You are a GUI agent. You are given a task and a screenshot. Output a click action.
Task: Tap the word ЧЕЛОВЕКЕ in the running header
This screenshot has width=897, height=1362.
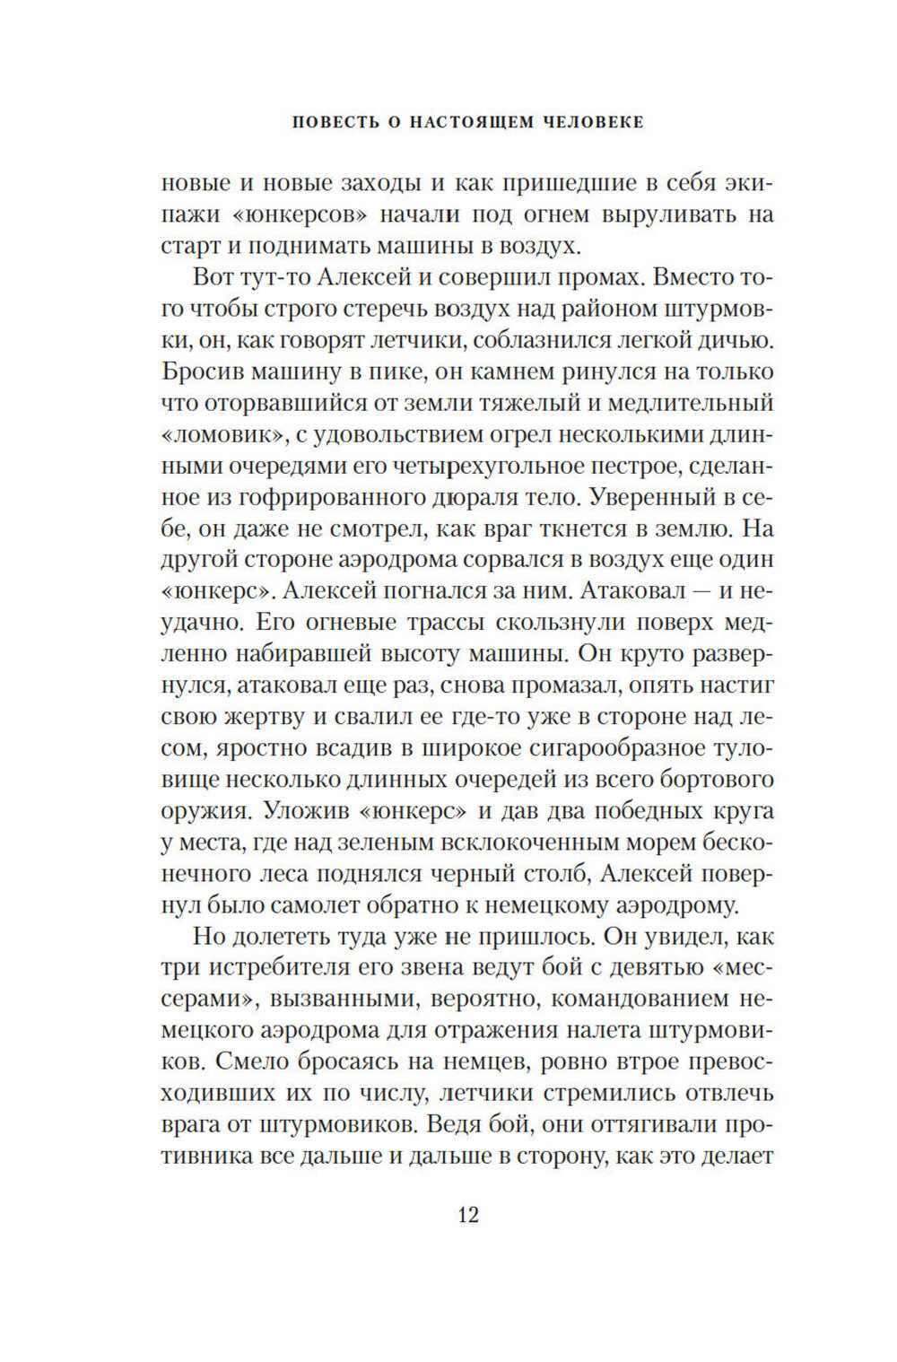[593, 122]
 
